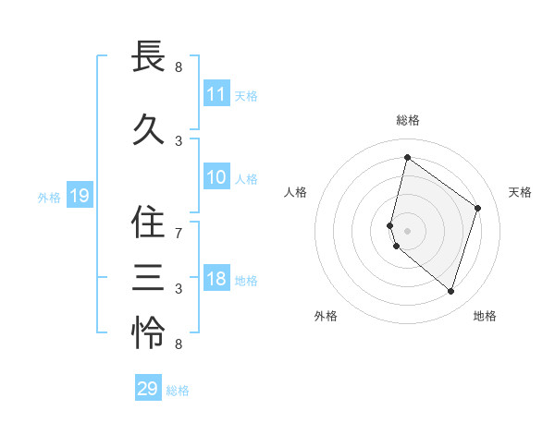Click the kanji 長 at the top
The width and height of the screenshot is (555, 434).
coord(148,57)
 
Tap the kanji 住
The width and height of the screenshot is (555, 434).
coord(148,222)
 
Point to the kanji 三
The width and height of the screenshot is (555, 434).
coord(148,276)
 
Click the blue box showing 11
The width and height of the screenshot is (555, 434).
coord(216,94)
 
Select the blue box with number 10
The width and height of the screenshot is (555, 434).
coord(216,177)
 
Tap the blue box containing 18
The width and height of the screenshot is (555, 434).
coord(216,280)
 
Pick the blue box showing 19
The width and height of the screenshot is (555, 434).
coord(79,196)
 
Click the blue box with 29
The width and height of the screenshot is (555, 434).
coord(148,389)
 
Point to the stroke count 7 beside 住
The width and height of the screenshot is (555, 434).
coord(179,233)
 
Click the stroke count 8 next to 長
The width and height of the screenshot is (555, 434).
coord(179,67)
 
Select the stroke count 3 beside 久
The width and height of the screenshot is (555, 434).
coord(179,141)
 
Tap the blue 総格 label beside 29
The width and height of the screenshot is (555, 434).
coord(179,391)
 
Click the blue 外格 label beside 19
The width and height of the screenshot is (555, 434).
coord(49,197)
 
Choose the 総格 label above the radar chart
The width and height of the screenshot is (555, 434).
coord(407,120)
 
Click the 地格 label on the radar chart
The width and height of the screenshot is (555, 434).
coord(485,316)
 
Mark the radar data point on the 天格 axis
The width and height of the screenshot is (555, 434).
coord(478,208)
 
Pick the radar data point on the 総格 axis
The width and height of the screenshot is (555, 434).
coord(407,158)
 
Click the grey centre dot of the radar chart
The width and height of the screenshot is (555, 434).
coord(407,230)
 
